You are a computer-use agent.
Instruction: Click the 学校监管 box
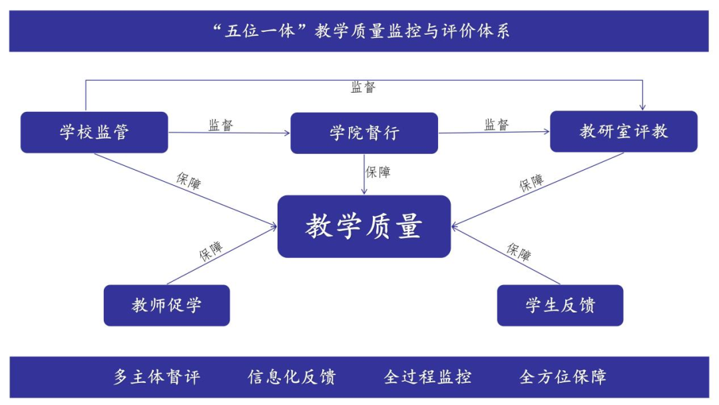click(x=94, y=132)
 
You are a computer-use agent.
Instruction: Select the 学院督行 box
click(x=364, y=133)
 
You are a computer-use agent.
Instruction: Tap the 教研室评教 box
click(x=623, y=131)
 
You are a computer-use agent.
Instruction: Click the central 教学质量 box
click(x=364, y=226)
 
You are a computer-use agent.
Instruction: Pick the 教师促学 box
click(x=166, y=305)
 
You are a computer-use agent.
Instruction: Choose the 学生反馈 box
click(x=560, y=305)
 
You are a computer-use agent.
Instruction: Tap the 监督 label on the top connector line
click(x=363, y=87)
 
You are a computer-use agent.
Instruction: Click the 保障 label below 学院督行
click(x=378, y=172)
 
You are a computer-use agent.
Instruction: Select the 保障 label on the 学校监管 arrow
click(x=188, y=181)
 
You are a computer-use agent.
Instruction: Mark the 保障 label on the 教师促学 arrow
click(x=210, y=251)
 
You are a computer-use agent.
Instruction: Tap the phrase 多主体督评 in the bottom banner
click(x=156, y=377)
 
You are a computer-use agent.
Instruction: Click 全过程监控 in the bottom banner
click(x=427, y=377)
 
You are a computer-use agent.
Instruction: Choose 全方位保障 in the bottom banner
click(x=563, y=377)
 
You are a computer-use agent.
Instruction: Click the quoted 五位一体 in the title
click(x=260, y=31)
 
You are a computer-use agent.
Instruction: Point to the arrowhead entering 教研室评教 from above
click(x=642, y=106)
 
